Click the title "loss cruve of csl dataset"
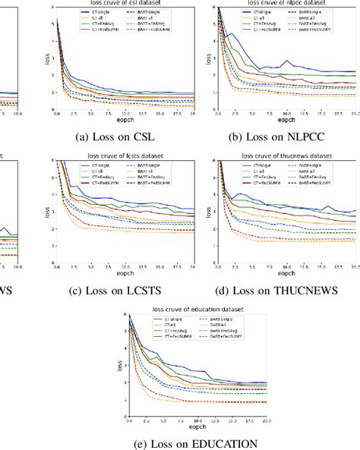click(123, 4)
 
